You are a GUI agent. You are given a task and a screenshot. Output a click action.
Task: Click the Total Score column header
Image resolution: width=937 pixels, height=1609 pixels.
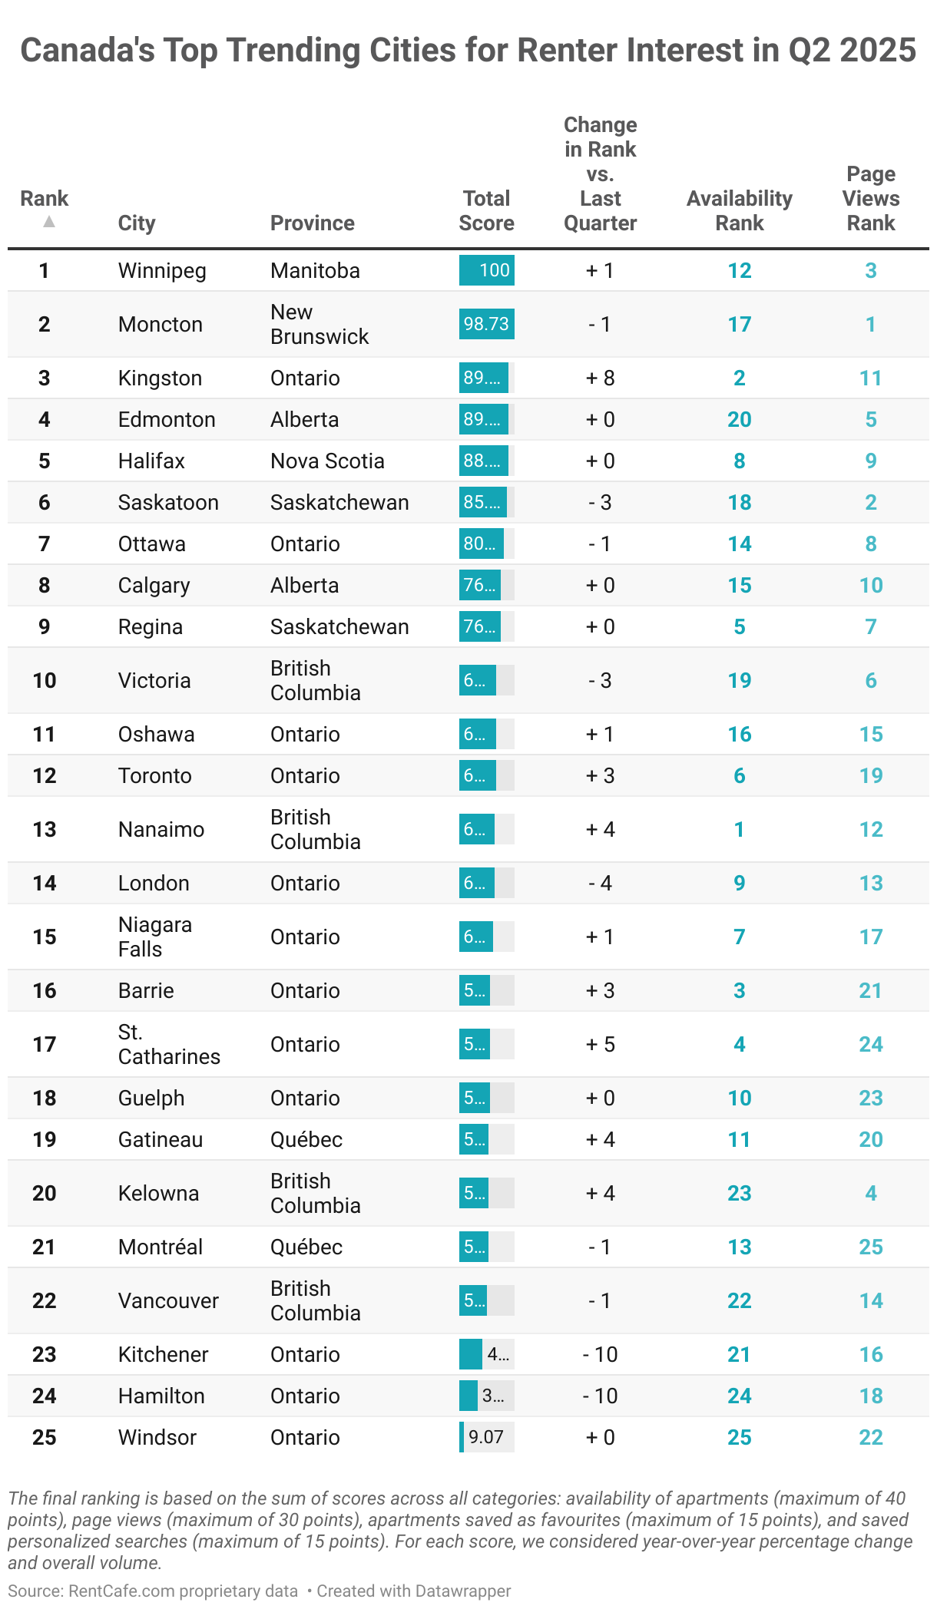(486, 210)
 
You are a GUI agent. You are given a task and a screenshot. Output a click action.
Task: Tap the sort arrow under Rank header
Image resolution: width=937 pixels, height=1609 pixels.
(49, 222)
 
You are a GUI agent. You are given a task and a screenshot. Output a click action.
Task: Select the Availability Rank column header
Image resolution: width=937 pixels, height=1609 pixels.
(739, 210)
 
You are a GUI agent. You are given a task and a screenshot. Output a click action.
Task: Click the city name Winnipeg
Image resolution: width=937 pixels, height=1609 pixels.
(162, 270)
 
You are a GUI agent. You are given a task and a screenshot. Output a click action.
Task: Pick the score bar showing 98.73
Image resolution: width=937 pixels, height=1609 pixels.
(486, 324)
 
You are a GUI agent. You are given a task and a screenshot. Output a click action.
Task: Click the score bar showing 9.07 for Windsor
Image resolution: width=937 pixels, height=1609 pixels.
(486, 1437)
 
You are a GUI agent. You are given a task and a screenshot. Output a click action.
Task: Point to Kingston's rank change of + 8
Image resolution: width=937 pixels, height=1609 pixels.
(600, 378)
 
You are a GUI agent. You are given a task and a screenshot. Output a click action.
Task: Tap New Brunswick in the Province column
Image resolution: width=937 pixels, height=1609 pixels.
(319, 324)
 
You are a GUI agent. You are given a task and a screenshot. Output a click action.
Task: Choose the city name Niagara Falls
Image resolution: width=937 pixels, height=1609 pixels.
(154, 937)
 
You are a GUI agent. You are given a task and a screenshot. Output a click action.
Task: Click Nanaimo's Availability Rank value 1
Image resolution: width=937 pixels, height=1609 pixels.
(739, 829)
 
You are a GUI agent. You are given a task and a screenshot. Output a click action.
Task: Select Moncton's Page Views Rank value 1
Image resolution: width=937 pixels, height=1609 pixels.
(870, 324)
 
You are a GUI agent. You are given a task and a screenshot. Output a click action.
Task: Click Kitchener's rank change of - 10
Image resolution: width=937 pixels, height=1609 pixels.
(600, 1354)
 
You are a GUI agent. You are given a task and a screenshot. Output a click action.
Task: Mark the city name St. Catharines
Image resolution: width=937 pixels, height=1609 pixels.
(168, 1044)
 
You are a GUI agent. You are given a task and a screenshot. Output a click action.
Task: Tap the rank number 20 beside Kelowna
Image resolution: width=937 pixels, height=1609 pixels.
(45, 1193)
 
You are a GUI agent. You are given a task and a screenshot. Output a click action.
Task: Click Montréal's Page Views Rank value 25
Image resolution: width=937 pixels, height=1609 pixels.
(870, 1247)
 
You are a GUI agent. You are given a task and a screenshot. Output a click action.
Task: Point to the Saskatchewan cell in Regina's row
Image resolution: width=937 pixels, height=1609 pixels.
(339, 626)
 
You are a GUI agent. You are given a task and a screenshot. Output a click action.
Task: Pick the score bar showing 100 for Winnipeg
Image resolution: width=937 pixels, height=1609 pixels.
(486, 270)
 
